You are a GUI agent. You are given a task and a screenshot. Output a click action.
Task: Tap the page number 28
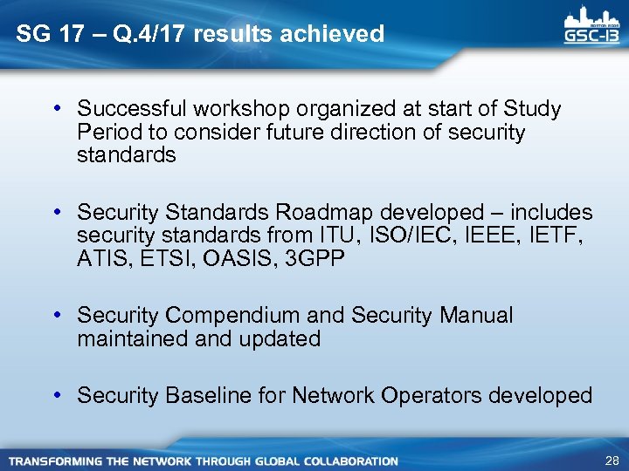612,461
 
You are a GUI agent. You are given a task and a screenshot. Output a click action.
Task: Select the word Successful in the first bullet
132,109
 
